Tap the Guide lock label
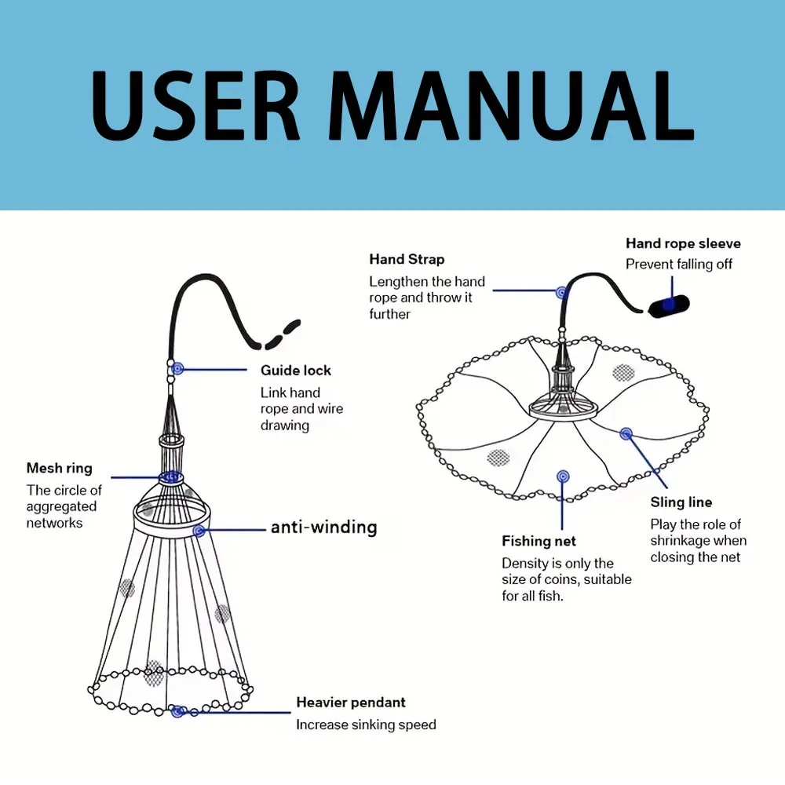pyautogui.click(x=296, y=371)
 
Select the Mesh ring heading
pyautogui.click(x=60, y=469)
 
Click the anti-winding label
pyautogui.click(x=323, y=528)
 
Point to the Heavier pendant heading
pyautogui.click(x=351, y=703)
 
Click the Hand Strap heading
pyautogui.click(x=407, y=260)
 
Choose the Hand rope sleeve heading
pyautogui.click(x=683, y=244)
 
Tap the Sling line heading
pyautogui.click(x=681, y=502)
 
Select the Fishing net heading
pyautogui.click(x=539, y=541)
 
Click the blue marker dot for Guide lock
pyautogui.click(x=178, y=368)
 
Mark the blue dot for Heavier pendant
pyautogui.click(x=177, y=712)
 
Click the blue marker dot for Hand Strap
pyautogui.click(x=561, y=292)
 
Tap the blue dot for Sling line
pyautogui.click(x=626, y=433)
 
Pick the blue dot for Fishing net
pyautogui.click(x=562, y=476)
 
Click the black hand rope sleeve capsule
pyautogui.click(x=667, y=305)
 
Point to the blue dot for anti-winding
pyautogui.click(x=199, y=531)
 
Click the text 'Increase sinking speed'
pyautogui.click(x=366, y=725)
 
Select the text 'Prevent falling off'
pyautogui.click(x=679, y=265)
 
